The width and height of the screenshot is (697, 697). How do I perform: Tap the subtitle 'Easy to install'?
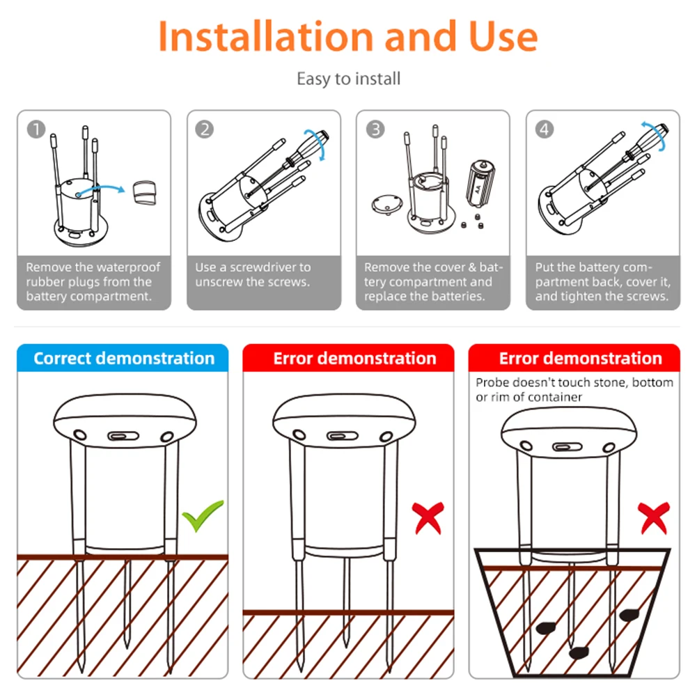(348, 79)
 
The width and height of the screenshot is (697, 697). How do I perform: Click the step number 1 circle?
(36, 130)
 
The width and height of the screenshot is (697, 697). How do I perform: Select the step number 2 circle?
(204, 130)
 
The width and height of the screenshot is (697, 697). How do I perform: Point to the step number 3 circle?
(375, 130)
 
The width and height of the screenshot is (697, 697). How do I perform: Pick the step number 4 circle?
(544, 130)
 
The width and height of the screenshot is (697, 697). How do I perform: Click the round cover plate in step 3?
(384, 205)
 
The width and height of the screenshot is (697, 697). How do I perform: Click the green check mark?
(203, 516)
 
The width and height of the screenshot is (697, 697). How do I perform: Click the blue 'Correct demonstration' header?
(123, 359)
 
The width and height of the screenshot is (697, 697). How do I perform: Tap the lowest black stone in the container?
(577, 652)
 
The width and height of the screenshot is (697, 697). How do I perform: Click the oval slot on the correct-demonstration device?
(123, 437)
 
